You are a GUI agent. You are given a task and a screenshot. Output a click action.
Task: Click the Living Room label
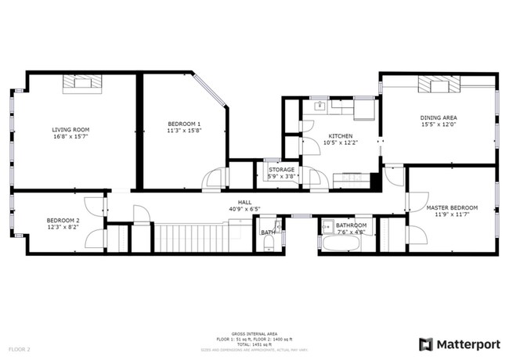click(70, 130)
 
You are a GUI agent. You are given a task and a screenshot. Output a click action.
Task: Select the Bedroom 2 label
click(62, 220)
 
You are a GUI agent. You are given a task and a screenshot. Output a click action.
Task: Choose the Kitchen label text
click(341, 135)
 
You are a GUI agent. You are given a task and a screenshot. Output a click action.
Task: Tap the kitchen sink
click(321, 105)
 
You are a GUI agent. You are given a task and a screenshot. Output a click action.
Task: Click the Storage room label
click(281, 169)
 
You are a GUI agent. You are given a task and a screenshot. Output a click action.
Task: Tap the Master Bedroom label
click(452, 207)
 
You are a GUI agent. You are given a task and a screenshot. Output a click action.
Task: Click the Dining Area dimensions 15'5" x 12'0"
click(439, 124)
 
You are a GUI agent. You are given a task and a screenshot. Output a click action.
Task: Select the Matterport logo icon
click(426, 344)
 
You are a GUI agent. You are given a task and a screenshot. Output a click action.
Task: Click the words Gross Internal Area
click(254, 333)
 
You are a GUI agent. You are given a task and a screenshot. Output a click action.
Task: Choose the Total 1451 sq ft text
click(254, 343)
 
